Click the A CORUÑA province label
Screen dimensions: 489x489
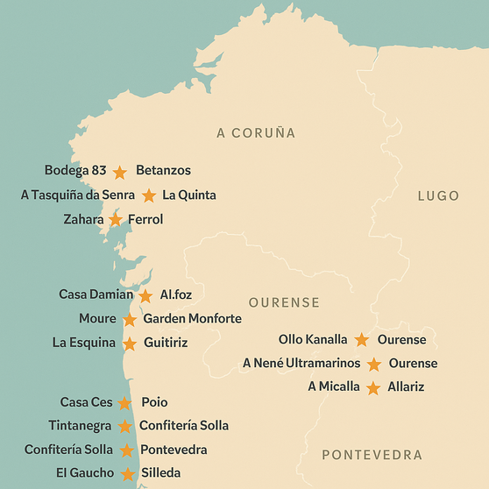click(x=256, y=133)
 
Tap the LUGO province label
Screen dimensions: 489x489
click(x=438, y=195)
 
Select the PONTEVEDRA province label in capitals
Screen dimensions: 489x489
click(x=372, y=455)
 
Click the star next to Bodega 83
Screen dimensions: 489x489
click(x=120, y=173)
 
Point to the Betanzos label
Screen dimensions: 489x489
click(x=163, y=170)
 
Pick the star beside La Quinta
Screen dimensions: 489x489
click(x=149, y=196)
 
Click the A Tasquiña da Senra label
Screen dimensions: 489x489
click(x=78, y=195)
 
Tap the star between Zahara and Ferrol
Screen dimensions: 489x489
click(x=116, y=220)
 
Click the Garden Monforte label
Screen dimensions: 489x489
click(x=192, y=319)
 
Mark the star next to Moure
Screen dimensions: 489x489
click(x=130, y=320)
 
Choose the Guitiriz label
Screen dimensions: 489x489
click(x=166, y=343)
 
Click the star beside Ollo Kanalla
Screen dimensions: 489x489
click(x=362, y=340)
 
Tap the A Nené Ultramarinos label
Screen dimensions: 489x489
click(x=301, y=363)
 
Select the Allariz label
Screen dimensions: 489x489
click(x=407, y=386)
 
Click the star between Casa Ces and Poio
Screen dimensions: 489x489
click(x=124, y=403)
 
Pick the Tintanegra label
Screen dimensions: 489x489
click(x=80, y=426)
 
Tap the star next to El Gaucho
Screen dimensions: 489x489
click(x=128, y=474)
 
